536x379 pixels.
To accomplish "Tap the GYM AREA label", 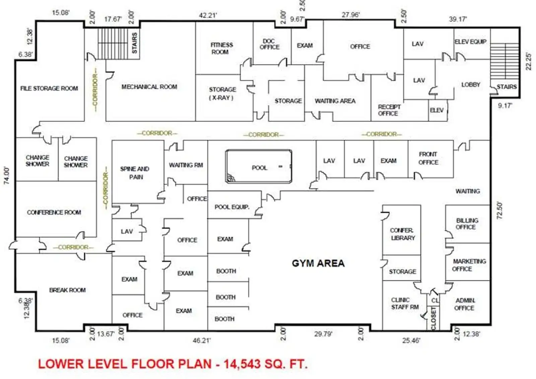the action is (318, 263).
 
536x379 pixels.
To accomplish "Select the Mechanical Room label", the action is (149, 87).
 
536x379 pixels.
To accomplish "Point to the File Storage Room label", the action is (49, 88).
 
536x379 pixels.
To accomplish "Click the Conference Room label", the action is (54, 212).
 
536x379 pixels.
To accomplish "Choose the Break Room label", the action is (67, 290).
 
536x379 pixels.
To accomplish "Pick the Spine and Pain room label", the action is (135, 173).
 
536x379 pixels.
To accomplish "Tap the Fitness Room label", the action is (221, 48).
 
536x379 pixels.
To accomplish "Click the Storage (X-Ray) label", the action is (222, 93).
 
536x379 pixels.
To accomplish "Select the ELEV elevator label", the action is (437, 110).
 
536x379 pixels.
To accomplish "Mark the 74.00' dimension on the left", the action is (7, 176).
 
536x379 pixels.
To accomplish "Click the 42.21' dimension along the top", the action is (208, 15).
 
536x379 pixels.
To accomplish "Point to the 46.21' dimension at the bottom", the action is (202, 340).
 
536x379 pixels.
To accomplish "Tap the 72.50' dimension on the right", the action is (499, 210).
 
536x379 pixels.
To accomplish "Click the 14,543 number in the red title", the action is (242, 364).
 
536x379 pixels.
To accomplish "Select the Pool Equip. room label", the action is (232, 207).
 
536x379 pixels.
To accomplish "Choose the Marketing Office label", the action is (469, 265).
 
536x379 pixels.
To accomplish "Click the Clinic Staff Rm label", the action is (405, 303).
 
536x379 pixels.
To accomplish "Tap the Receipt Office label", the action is (389, 110).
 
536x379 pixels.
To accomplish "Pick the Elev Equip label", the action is (470, 42).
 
